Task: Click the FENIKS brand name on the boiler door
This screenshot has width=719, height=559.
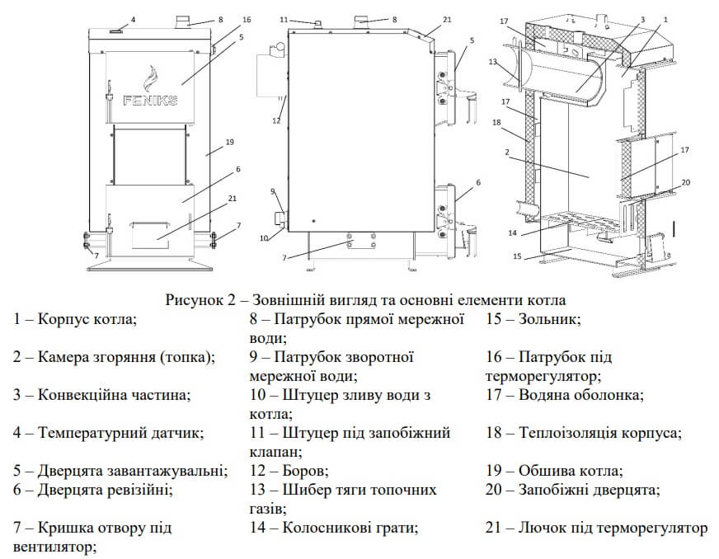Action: tap(148, 105)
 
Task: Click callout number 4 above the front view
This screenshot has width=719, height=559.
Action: tap(133, 18)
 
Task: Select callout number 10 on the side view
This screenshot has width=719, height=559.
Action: tap(265, 238)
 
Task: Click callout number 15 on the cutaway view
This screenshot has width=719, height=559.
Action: tap(519, 256)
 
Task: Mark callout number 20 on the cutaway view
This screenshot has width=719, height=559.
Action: tap(686, 181)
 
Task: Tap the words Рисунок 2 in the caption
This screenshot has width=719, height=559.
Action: tap(204, 298)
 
